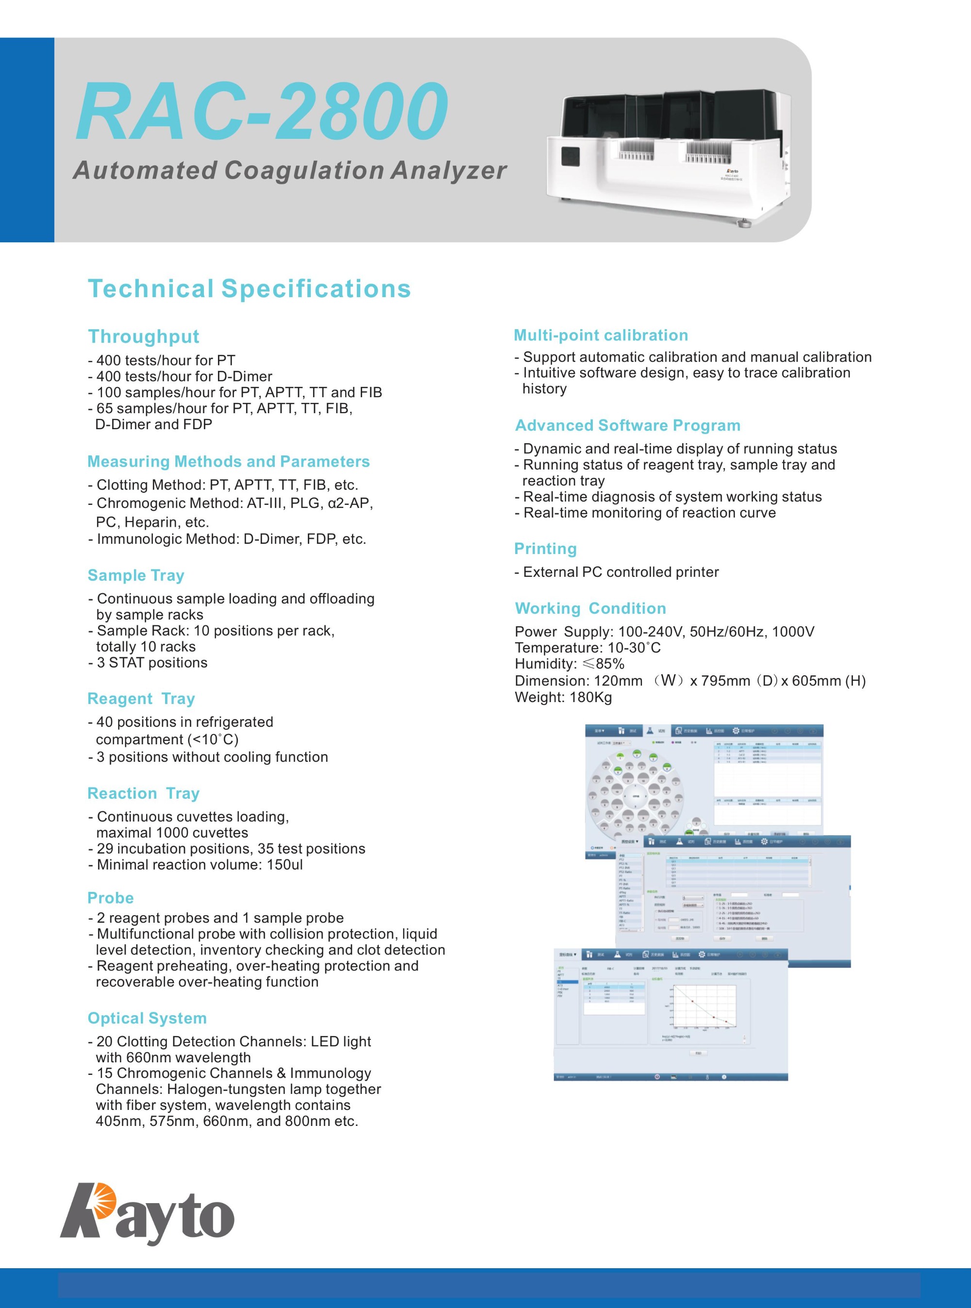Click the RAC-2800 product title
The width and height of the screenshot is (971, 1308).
262,111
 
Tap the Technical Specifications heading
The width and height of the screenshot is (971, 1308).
249,288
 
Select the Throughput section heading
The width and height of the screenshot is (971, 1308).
143,336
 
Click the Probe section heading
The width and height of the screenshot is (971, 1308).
111,898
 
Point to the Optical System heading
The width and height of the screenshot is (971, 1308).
147,1018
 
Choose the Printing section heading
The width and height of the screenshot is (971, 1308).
545,549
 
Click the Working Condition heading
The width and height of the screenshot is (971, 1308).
590,608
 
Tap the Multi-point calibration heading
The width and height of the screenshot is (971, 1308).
601,335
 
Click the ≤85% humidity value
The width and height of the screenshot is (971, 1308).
603,664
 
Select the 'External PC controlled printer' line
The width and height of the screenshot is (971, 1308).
620,572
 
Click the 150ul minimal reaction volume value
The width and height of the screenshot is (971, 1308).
285,865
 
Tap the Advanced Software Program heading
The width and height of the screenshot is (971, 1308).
628,426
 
